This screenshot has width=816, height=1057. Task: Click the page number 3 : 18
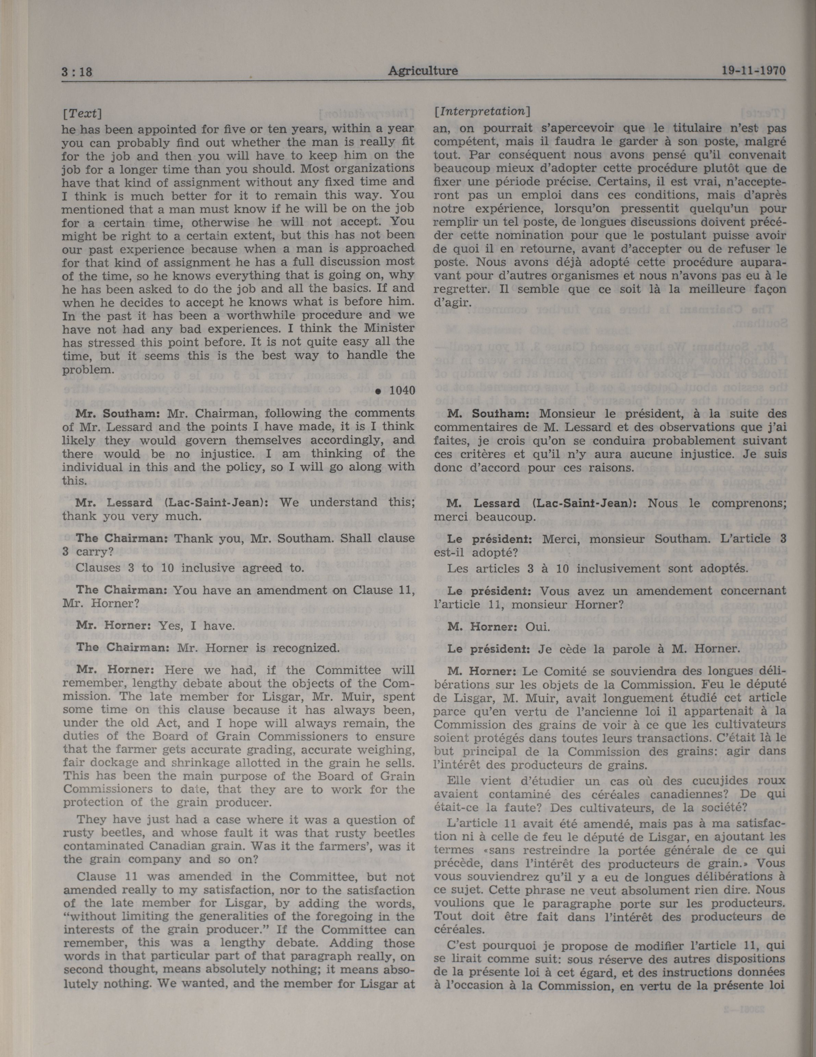coord(77,73)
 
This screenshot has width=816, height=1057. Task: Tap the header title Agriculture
coord(423,71)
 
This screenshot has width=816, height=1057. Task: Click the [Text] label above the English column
coord(82,114)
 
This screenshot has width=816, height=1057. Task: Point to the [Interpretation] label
coord(482,111)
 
